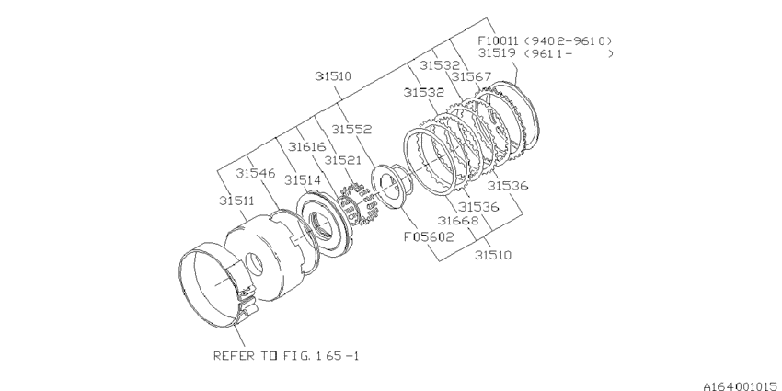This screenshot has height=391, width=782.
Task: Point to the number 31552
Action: tap(351, 131)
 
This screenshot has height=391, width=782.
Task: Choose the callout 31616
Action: tap(306, 146)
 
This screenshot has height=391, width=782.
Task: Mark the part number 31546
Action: tap(255, 172)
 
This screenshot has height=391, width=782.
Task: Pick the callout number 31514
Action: tap(303, 180)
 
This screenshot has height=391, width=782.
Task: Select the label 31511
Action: tap(238, 199)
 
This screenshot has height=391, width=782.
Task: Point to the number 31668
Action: tap(456, 221)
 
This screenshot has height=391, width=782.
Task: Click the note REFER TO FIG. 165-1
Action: tap(285, 354)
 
